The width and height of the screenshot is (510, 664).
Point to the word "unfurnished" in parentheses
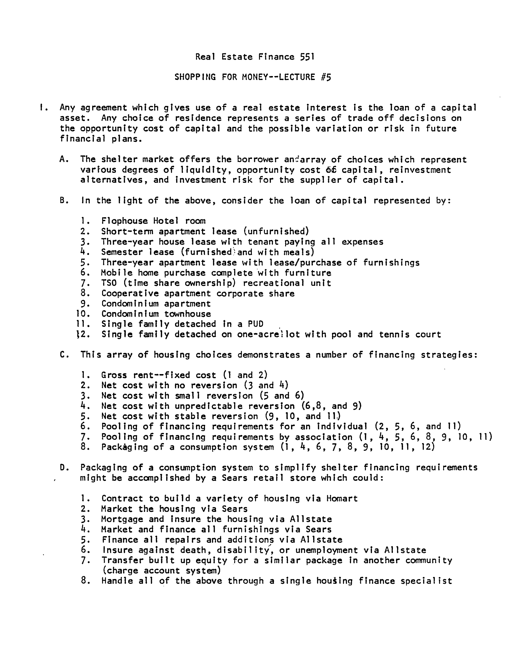coord(276,231)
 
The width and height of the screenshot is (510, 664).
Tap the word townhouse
coord(188,314)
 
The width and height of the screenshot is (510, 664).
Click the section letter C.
coord(63,355)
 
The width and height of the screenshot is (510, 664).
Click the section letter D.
coord(63,468)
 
